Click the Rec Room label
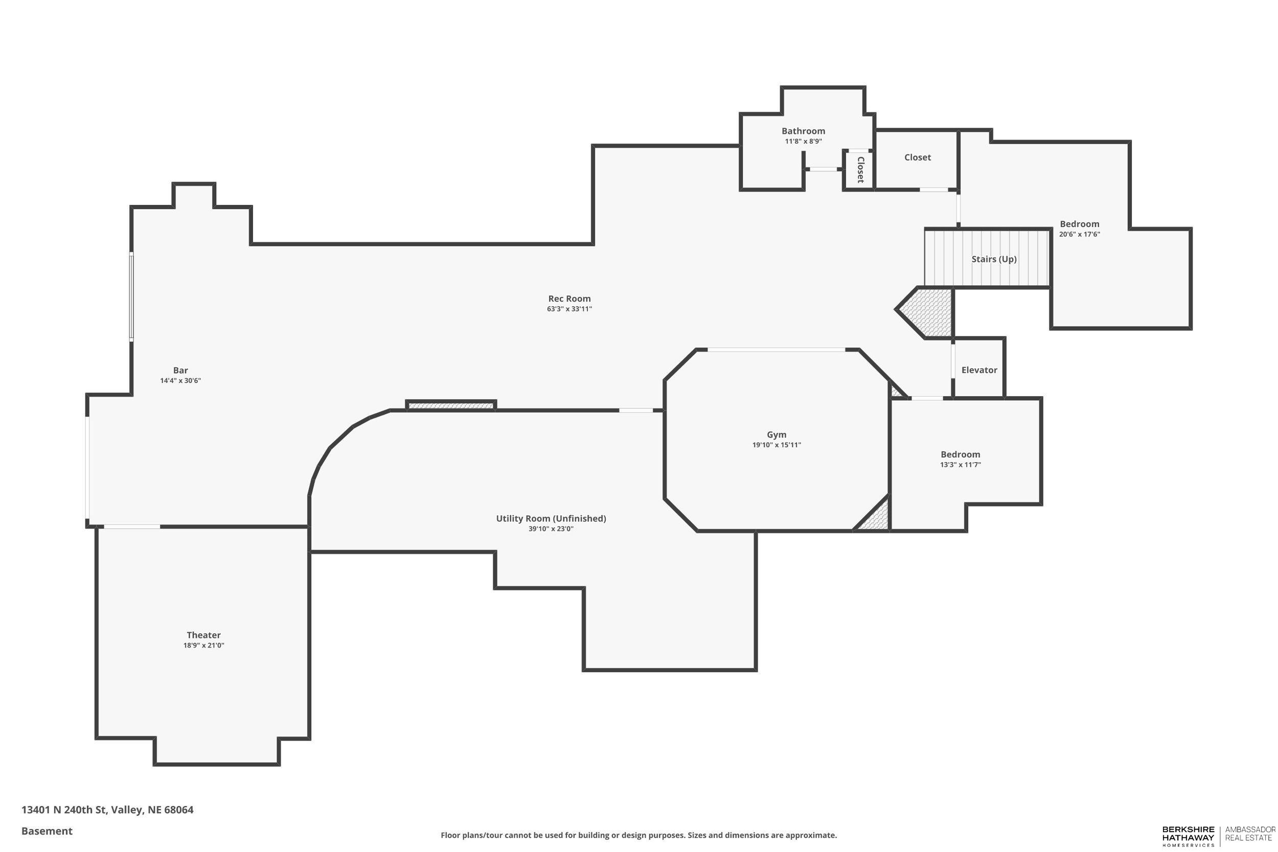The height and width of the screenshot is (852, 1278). coord(569,298)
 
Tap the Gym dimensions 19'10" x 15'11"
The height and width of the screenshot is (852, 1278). coord(777,445)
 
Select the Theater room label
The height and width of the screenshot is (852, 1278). coord(203,635)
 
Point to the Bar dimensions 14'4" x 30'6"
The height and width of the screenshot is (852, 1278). coord(180,381)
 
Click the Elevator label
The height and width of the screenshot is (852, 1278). coord(979,370)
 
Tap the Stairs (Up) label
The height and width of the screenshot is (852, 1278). coord(994,259)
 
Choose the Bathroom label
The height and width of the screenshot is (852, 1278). coord(803,131)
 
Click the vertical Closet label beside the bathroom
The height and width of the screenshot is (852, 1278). coord(860,170)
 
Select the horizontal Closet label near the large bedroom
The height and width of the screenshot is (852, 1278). coord(917,157)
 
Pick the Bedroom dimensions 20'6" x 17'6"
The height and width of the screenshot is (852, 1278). coord(1079,234)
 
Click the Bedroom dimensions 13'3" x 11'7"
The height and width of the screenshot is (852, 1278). coord(960,465)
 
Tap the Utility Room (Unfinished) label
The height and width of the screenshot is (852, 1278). coord(551,518)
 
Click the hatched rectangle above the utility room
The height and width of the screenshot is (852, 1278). coord(451,405)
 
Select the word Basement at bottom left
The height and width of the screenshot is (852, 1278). coord(47,831)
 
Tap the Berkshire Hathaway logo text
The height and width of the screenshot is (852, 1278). coord(1188,835)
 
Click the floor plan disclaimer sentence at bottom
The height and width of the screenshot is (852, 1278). coord(638,835)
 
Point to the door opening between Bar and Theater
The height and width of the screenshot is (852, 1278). coord(132,526)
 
